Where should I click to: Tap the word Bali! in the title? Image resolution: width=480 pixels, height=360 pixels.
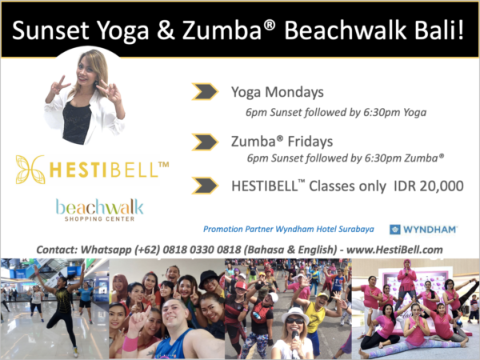(435, 30)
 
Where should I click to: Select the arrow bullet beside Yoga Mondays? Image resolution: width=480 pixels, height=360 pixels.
(205, 91)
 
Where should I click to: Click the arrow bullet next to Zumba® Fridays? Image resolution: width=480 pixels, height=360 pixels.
(205, 142)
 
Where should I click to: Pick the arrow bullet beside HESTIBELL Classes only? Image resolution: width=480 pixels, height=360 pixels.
(205, 186)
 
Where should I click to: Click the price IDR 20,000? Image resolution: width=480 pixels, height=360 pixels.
(429, 186)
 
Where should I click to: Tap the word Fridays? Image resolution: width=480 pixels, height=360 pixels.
(310, 142)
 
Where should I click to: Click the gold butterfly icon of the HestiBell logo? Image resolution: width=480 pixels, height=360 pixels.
(30, 170)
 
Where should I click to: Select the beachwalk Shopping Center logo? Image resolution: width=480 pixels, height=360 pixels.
(99, 210)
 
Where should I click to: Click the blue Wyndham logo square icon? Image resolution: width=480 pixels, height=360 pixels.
(395, 230)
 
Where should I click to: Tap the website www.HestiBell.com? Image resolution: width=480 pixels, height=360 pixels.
(394, 250)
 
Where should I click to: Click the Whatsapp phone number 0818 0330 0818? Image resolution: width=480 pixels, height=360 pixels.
(202, 250)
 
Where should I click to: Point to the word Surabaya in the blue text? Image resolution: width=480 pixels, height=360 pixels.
(356, 230)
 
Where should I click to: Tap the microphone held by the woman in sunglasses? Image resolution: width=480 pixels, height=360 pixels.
(294, 338)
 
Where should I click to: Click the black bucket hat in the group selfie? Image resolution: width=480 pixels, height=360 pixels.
(209, 278)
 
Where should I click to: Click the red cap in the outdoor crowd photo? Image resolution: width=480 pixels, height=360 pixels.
(241, 286)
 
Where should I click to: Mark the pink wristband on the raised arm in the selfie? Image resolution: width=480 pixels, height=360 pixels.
(130, 343)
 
